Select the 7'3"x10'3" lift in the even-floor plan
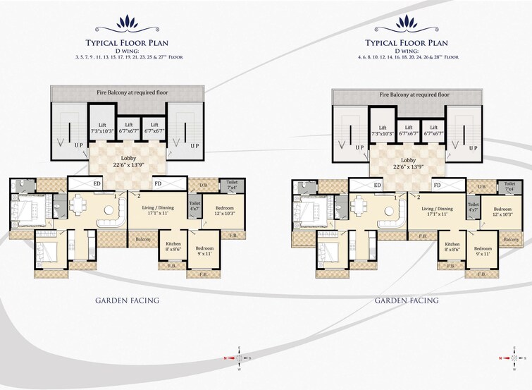pos(383,130)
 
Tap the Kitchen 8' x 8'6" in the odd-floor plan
pos(172,245)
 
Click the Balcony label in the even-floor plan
pos(512,240)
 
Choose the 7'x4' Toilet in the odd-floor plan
pos(232,185)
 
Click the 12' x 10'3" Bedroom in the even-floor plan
pos(502,212)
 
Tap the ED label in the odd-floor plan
pos(97,185)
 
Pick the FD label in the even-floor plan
pos(438,185)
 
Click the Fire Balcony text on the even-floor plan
pos(414,94)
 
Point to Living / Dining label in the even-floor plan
pos(438,212)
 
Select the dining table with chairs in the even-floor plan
pos(360,207)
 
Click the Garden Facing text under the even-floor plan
pos(407,300)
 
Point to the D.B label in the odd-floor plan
pos(204,186)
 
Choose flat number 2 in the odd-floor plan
pos(140,195)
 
